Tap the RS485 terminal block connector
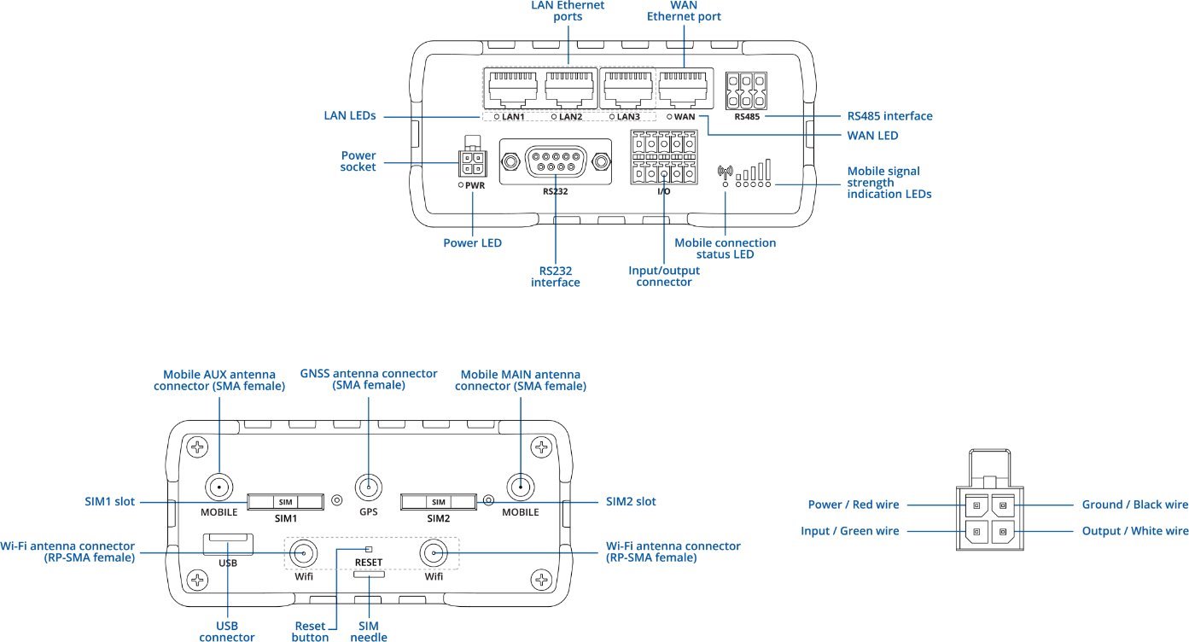[746, 88]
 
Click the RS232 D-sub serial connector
[555, 160]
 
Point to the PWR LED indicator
[462, 184]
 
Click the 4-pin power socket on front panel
[470, 162]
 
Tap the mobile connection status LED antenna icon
[726, 172]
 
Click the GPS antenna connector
[369, 488]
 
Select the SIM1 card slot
[286, 501]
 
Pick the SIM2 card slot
[439, 501]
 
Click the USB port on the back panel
[228, 541]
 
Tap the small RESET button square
[369, 549]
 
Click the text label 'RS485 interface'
[889, 116]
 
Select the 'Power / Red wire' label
[853, 505]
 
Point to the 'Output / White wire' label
[1135, 531]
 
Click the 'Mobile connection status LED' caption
[725, 248]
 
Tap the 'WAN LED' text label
[872, 135]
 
